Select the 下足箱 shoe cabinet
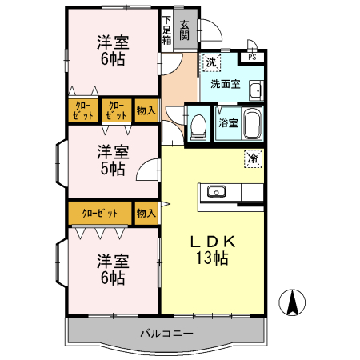click(166, 30)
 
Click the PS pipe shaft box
click(252, 57)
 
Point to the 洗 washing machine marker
click(210, 62)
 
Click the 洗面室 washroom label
click(226, 82)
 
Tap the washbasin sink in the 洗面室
click(256, 90)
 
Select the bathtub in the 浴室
click(252, 124)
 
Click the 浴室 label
click(228, 123)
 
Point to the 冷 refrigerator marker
click(254, 158)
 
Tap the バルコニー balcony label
click(166, 332)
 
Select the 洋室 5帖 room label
click(112, 159)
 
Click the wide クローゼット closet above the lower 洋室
click(100, 214)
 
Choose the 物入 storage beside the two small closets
click(145, 110)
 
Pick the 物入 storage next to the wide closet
click(145, 214)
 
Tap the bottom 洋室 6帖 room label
click(112, 269)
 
